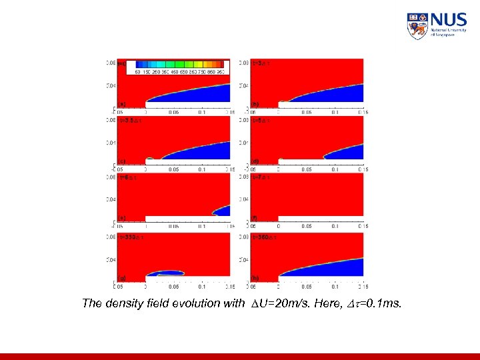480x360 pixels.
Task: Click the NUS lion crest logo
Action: [417, 26]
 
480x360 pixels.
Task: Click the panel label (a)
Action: [122, 103]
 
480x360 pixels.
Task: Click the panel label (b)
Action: [255, 103]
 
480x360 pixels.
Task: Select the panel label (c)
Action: [122, 161]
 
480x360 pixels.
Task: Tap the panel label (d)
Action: [255, 161]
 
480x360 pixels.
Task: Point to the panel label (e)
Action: [122, 218]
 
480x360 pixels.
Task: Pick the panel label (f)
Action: [255, 218]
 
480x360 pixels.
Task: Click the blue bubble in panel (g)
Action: [165, 272]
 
